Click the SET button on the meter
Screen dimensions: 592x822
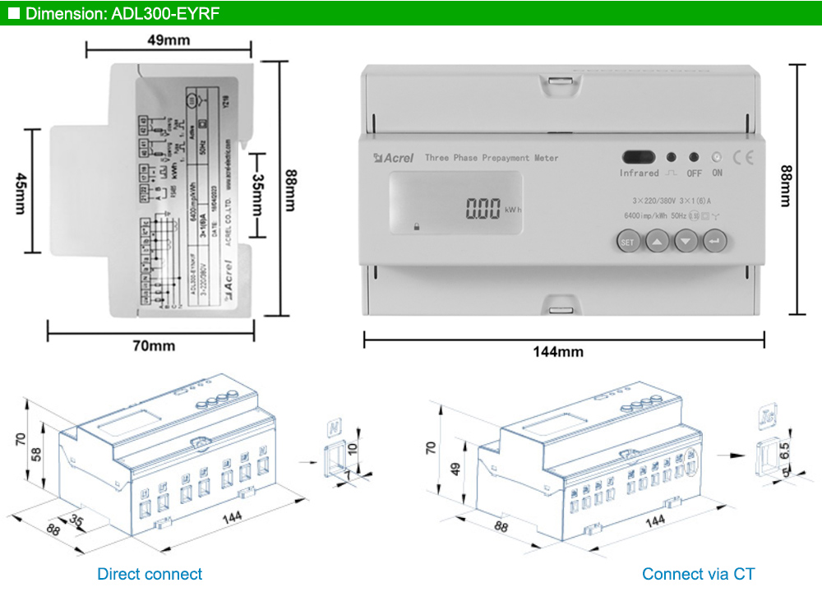(628, 242)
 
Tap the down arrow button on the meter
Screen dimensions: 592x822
(686, 242)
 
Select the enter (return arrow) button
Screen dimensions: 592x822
(715, 242)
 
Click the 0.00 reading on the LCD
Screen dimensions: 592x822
(483, 210)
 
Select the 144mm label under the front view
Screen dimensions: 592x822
(558, 352)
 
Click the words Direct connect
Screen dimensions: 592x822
(150, 574)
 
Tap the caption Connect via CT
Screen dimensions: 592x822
(698, 574)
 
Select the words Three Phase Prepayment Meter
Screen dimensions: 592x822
(492, 158)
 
